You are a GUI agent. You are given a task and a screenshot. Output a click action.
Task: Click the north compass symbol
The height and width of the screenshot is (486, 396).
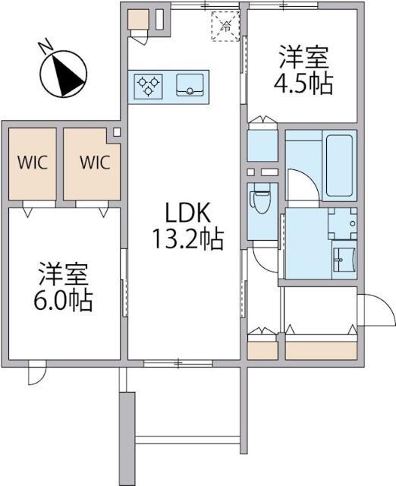tap(64, 74)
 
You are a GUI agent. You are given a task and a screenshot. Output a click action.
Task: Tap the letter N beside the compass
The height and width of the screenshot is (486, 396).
tap(46, 46)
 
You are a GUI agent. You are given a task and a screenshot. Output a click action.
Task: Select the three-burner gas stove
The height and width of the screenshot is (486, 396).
tap(149, 86)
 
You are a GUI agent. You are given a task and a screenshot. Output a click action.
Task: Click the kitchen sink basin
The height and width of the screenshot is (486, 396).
tap(190, 84)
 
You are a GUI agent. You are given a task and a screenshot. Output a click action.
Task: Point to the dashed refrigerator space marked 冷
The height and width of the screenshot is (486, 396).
tap(226, 26)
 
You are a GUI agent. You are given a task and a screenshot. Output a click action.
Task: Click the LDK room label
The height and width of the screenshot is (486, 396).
tap(188, 213)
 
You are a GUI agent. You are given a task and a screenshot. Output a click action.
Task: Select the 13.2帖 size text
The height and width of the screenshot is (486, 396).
tap(187, 239)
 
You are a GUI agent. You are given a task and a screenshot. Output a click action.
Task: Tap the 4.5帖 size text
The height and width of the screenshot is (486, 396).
tap(303, 83)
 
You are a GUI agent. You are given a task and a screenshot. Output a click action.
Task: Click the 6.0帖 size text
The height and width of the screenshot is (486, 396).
tap(64, 301)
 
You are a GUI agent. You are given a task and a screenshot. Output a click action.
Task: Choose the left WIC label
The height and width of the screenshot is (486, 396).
tap(33, 162)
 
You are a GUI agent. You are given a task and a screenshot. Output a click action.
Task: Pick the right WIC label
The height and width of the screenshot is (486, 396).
tap(95, 162)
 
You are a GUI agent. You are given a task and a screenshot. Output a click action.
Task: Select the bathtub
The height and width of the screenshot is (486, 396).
tap(339, 166)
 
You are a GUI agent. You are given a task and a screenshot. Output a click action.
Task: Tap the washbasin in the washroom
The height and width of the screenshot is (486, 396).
tap(344, 259)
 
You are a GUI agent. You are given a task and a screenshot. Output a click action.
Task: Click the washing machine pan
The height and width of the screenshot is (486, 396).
tap(342, 222)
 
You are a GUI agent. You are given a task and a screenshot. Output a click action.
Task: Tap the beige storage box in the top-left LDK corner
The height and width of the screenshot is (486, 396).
tap(138, 20)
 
